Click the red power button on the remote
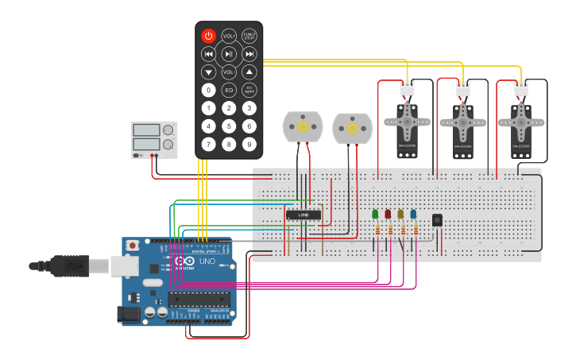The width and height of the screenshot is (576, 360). click(x=208, y=36)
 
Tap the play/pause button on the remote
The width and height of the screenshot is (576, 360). click(x=229, y=54)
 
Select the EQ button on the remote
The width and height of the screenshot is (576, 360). click(x=229, y=90)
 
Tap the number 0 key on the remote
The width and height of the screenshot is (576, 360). click(x=208, y=90)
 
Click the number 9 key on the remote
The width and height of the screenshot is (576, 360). click(x=249, y=144)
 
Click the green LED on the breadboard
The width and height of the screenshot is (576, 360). click(x=375, y=214)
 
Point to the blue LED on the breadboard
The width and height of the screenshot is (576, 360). click(x=413, y=214)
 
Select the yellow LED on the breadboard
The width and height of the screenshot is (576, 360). click(x=400, y=214)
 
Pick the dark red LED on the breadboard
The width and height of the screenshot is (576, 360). click(x=388, y=214)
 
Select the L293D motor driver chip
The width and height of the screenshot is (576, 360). click(x=303, y=214)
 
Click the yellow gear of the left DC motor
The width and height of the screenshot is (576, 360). click(x=303, y=125)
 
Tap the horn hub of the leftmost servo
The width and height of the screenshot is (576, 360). click(x=406, y=121)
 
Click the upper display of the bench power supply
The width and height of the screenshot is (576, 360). click(x=147, y=130)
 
